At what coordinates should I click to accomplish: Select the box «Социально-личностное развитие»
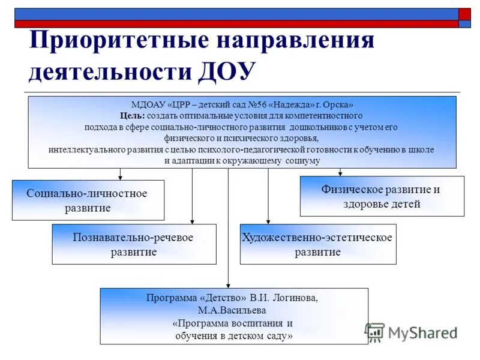coord(88,200)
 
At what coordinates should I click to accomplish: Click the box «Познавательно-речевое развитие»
coord(134,244)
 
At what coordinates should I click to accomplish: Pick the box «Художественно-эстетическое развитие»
coord(317,244)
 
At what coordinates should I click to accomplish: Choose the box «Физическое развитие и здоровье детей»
coord(382,196)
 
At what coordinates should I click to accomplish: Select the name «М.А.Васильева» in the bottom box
coord(234,310)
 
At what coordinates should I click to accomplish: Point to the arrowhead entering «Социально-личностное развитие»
coord(121,177)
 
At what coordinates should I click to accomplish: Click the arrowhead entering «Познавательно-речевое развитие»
coord(192,221)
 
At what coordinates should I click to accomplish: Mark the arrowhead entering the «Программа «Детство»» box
coord(228,285)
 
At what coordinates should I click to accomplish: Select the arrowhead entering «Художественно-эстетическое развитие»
coord(268,221)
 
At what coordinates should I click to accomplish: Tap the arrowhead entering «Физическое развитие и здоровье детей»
coord(340,173)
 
